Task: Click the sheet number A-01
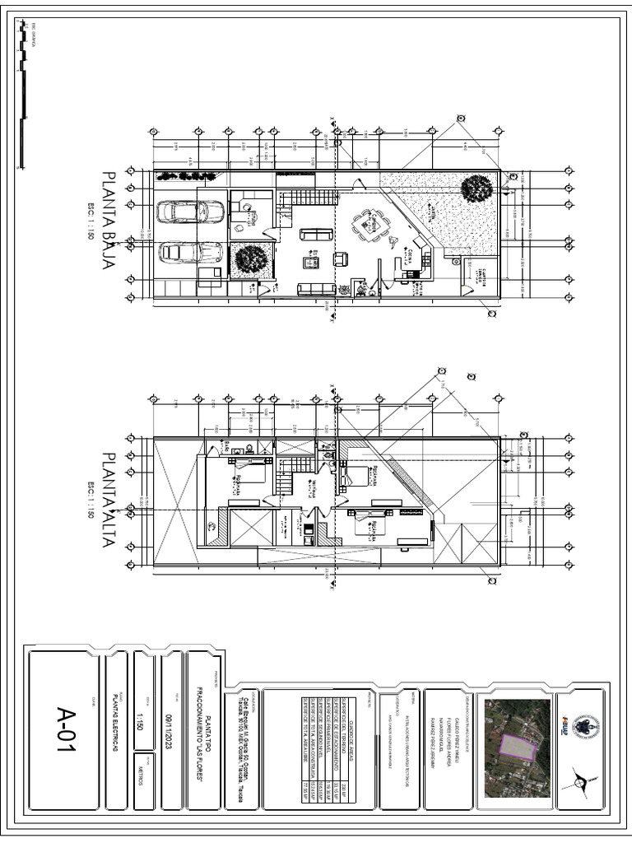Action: click(x=65, y=729)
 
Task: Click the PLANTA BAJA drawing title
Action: click(x=109, y=212)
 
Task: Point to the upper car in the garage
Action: click(x=190, y=212)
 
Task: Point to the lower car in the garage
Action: click(x=190, y=252)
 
